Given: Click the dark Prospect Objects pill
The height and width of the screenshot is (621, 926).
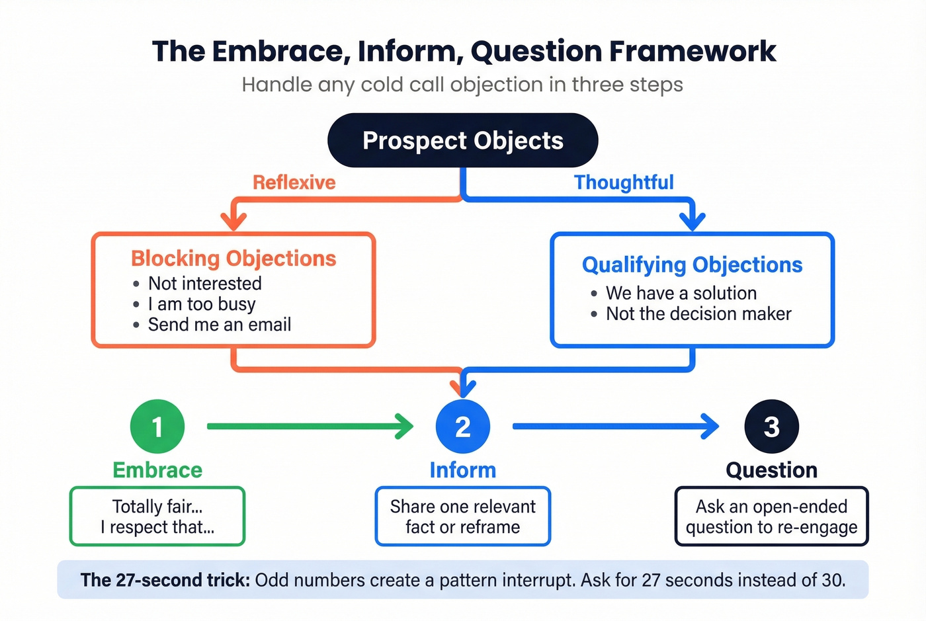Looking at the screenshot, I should click(462, 140).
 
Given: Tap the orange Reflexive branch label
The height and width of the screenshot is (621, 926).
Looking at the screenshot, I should click(294, 183).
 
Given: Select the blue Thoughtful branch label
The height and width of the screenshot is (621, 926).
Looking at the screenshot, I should click(624, 183).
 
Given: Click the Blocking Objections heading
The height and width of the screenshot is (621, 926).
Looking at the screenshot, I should click(233, 259).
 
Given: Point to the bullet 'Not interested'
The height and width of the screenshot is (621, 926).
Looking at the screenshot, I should click(204, 284).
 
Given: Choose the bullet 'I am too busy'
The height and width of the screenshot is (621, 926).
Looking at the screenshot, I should click(201, 304).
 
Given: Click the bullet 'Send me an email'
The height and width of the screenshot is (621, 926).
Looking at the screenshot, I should click(219, 325).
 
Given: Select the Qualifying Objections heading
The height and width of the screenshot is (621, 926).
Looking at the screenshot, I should click(692, 265).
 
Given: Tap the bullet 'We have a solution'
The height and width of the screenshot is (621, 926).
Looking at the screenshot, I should click(681, 293).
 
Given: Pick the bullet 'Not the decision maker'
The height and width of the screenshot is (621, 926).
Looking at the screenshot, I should click(698, 314).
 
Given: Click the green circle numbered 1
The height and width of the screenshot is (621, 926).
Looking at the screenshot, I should click(157, 427).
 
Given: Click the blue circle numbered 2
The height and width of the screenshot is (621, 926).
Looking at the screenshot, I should click(462, 427).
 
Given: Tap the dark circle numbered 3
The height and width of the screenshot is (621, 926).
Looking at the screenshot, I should click(771, 427).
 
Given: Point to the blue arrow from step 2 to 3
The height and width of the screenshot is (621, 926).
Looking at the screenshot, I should click(615, 427).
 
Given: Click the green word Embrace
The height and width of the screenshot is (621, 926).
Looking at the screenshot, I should click(157, 470).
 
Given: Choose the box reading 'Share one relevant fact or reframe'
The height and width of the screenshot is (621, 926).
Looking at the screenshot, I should click(462, 517).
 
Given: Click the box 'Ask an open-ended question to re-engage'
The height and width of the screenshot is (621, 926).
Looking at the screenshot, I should click(771, 517).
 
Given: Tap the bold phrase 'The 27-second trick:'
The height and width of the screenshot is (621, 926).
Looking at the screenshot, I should click(165, 581).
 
